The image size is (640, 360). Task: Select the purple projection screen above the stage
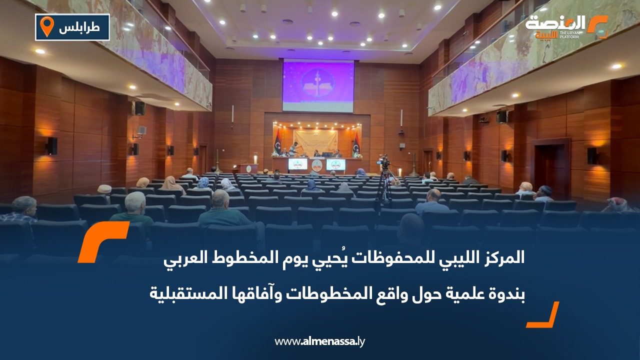tap(318, 85)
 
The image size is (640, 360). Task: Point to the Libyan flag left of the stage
tap(277, 142)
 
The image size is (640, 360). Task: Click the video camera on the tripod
tap(383, 162)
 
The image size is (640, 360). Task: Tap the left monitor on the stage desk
tap(297, 164)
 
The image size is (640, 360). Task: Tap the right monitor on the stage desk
tap(335, 164)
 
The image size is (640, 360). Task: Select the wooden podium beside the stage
tap(248, 168)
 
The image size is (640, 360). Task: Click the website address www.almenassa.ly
tap(320, 341)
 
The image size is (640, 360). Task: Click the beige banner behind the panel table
tap(315, 140)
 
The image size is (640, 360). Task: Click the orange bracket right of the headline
tap(544, 315)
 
